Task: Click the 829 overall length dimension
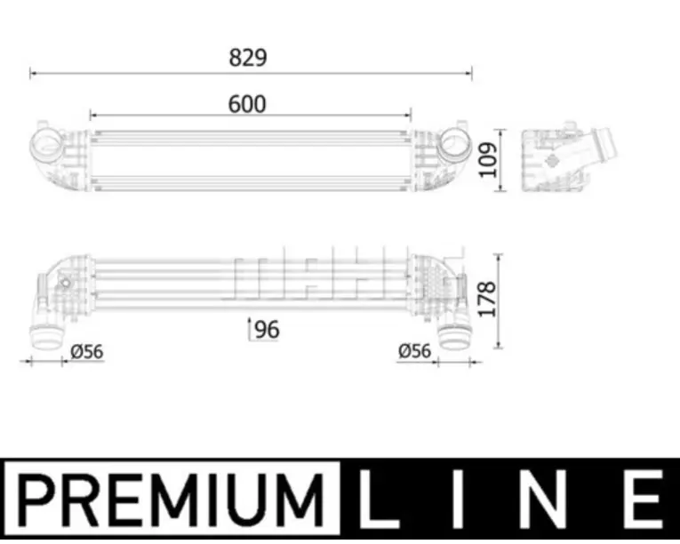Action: click(x=248, y=58)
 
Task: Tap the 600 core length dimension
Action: click(x=247, y=104)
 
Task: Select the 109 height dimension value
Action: click(x=488, y=160)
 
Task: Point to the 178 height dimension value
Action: click(x=486, y=300)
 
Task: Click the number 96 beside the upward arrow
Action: click(x=268, y=330)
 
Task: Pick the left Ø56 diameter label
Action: click(x=87, y=352)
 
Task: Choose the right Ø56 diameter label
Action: click(x=414, y=351)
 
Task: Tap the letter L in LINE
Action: click(x=374, y=499)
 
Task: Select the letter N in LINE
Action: click(x=548, y=499)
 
